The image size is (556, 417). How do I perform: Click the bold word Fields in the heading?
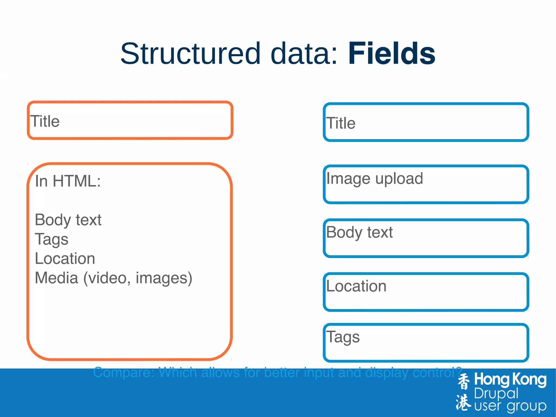[391, 54]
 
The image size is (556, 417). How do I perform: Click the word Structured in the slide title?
[190, 54]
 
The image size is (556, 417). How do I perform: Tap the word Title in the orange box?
[45, 121]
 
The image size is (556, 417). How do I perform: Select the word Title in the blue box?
[341, 123]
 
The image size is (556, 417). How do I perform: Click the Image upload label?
[374, 179]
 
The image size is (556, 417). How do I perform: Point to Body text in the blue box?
[359, 233]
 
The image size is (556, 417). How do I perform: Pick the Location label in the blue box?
[356, 286]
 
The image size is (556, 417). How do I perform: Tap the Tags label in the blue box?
[343, 337]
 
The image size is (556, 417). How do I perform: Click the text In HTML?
[68, 181]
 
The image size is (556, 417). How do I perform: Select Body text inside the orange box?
[68, 220]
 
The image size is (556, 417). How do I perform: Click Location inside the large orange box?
[65, 258]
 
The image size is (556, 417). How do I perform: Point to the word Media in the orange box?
[56, 278]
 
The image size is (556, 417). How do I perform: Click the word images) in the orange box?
[164, 278]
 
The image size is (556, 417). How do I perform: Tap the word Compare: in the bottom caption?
[124, 372]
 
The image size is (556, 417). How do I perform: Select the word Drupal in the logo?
[496, 393]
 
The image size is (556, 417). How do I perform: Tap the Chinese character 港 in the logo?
[463, 402]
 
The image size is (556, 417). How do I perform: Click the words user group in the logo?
[510, 406]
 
